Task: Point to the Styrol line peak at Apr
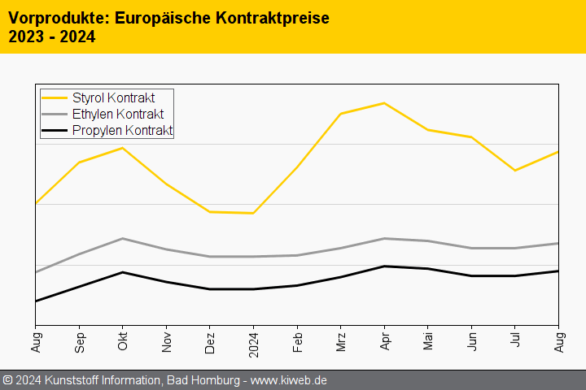(x=384, y=103)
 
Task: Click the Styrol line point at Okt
(x=122, y=148)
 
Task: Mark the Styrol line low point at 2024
(x=253, y=213)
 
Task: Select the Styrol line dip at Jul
(x=515, y=171)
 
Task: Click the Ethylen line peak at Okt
(x=122, y=238)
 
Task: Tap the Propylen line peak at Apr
(x=384, y=266)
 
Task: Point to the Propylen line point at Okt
(x=122, y=272)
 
